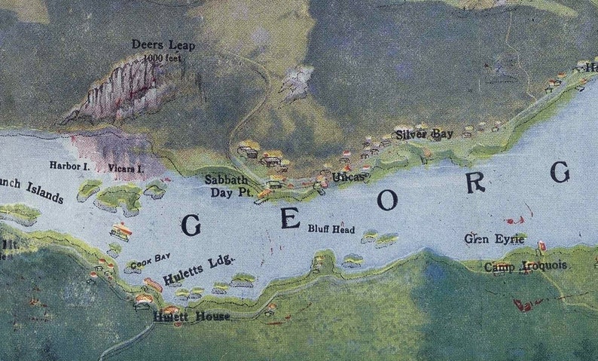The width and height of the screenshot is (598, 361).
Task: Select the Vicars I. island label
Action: [126, 167]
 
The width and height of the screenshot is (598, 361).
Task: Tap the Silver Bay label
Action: [425, 134]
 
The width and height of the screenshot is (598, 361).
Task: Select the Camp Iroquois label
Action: [526, 266]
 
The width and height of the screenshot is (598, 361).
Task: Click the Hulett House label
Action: [191, 317]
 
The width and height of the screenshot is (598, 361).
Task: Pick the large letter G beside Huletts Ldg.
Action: [191, 225]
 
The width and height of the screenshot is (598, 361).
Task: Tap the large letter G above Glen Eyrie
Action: [559, 173]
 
